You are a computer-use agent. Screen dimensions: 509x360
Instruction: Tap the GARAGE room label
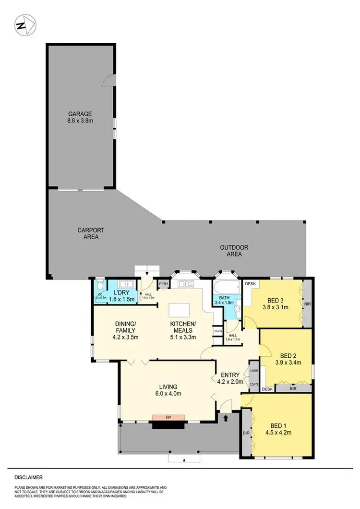[80, 114]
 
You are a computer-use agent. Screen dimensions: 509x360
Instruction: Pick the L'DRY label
[118, 292]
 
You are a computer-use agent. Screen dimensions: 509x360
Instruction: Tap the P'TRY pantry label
[164, 284]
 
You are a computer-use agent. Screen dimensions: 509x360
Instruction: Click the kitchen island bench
[179, 309]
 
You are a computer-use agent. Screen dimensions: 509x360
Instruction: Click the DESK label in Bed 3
[250, 284]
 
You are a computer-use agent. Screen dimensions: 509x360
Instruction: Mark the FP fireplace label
[168, 417]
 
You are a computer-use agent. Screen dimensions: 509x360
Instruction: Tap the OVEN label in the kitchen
[217, 331]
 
